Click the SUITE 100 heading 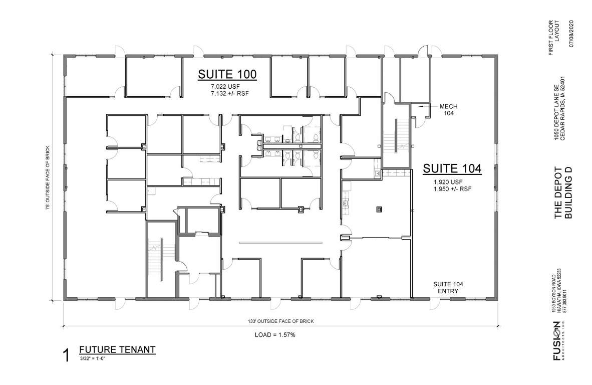point(227,74)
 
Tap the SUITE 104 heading point(452,168)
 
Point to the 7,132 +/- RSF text point(230,93)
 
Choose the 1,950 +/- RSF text point(453,189)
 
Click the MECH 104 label point(449,110)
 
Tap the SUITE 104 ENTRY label point(448,288)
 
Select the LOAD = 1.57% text point(275,335)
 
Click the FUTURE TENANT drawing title point(117,349)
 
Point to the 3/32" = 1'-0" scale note point(92,358)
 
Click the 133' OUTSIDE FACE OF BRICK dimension point(278,321)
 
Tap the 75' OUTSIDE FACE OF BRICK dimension point(48,177)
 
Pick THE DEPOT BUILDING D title point(563,192)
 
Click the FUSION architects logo point(557,340)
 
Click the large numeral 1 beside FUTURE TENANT point(67,356)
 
